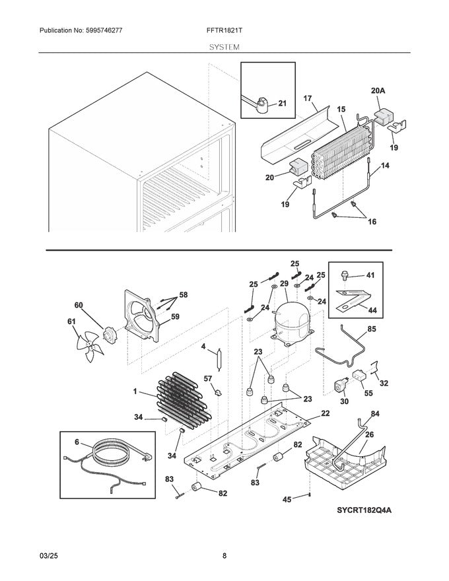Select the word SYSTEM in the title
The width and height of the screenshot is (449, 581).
point(224,48)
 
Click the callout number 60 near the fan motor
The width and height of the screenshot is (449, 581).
point(79,305)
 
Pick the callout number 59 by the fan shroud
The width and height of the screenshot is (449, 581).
point(176,316)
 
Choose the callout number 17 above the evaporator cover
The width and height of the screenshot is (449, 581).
point(308,98)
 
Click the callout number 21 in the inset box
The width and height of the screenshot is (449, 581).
point(282,103)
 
